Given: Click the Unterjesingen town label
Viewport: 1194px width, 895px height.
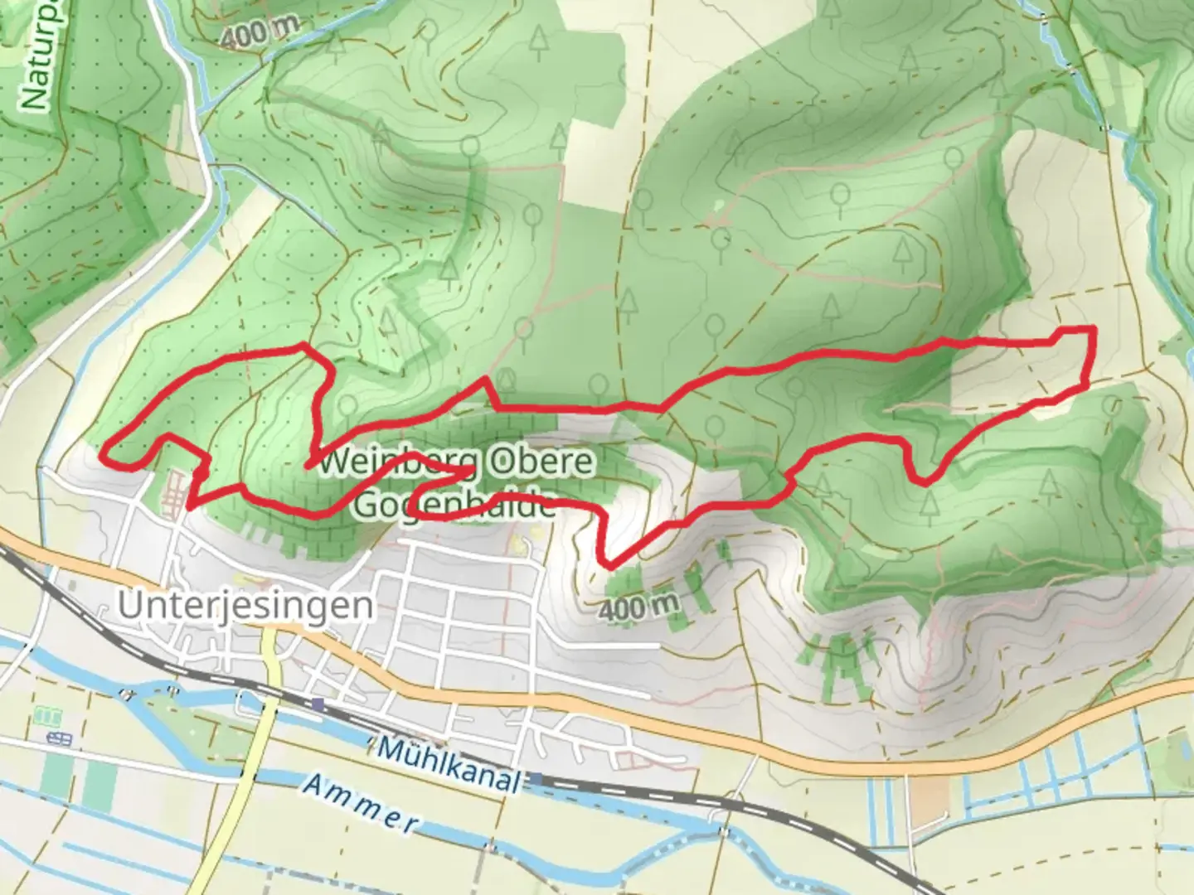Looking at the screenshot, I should click(245, 606).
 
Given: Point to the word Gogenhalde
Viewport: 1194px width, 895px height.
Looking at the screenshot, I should click(454, 505).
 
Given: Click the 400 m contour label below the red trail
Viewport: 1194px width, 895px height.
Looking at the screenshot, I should click(638, 607).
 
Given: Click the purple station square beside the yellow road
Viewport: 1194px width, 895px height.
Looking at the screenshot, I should click(318, 704).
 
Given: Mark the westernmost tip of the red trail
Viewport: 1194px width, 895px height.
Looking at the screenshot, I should click(104, 453).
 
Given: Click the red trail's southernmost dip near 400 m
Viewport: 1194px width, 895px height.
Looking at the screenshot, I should click(609, 567).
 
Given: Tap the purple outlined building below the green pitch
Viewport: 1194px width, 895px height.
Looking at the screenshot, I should click(59, 738).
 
